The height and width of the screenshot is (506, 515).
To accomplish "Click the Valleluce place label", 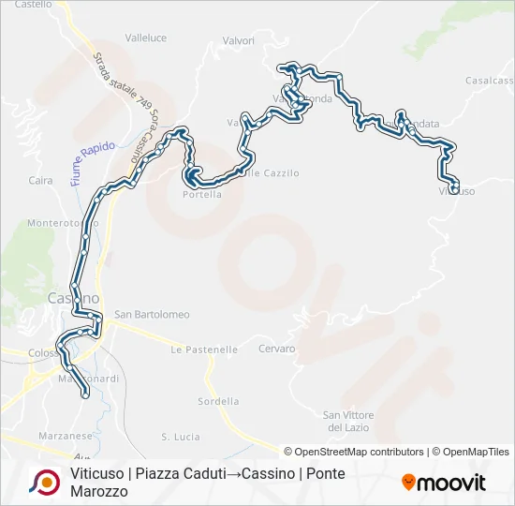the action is click(x=145, y=38).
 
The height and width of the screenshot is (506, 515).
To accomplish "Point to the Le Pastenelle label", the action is click(x=204, y=350).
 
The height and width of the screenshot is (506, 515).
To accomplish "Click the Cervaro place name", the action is click(x=277, y=349).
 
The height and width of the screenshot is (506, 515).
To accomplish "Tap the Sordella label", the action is click(x=218, y=401).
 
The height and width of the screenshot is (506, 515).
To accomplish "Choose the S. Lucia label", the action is click(x=181, y=437).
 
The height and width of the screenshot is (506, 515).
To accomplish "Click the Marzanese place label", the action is click(x=65, y=436).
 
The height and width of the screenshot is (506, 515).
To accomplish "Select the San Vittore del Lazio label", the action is click(x=348, y=421).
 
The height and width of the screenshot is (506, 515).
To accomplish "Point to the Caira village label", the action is click(x=40, y=180).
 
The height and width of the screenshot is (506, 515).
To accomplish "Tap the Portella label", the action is click(x=201, y=195).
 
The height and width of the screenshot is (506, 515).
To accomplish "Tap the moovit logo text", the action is click(x=451, y=483).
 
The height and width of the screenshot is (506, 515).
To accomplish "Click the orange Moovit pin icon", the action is click(x=408, y=482).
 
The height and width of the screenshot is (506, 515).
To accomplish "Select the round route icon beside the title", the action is click(x=43, y=482).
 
